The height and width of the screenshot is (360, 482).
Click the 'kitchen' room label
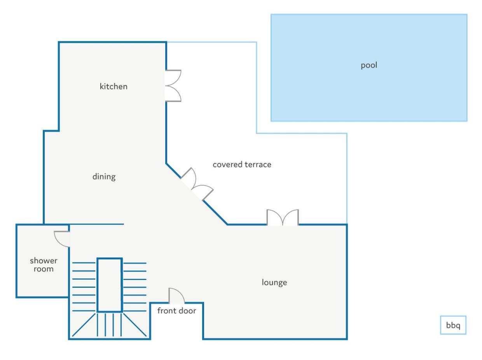pyautogui.click(x=113, y=86)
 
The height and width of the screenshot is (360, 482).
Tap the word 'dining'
pyautogui.click(x=104, y=177)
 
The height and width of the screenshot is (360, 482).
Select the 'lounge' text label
pyautogui.click(x=274, y=282)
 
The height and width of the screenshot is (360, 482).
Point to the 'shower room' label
pyautogui.click(x=44, y=264)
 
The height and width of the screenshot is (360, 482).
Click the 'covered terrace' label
pyautogui.click(x=242, y=165)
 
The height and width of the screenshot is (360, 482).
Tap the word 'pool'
pyautogui.click(x=369, y=65)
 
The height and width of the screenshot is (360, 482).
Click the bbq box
pyautogui.click(x=453, y=325)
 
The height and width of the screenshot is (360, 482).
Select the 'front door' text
pyautogui.click(x=176, y=311)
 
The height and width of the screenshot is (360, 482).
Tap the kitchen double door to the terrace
pyautogui.click(x=173, y=86)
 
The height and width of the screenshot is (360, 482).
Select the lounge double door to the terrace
pyautogui.click(x=283, y=217)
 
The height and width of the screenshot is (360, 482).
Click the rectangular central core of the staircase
pyautogui.click(x=110, y=285)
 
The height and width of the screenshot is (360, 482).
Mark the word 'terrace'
pyautogui.click(x=258, y=165)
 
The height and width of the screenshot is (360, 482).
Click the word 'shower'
pyautogui.click(x=44, y=261)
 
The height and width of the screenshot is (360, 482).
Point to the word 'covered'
pyautogui.click(x=227, y=165)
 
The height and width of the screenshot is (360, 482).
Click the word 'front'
pyautogui.click(x=166, y=311)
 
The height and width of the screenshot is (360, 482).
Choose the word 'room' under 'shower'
pyautogui.click(x=44, y=269)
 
